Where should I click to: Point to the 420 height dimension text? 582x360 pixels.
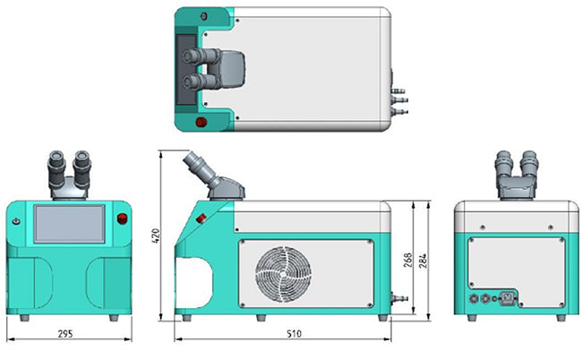click(153, 236)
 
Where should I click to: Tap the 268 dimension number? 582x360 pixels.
click(408, 260)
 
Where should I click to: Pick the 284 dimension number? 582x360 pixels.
click(424, 260)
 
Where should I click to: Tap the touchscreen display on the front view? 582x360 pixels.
click(69, 224)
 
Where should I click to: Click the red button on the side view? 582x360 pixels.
click(201, 218)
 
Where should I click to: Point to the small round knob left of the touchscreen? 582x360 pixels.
click(15, 221)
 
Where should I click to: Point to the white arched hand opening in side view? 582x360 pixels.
click(190, 279)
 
